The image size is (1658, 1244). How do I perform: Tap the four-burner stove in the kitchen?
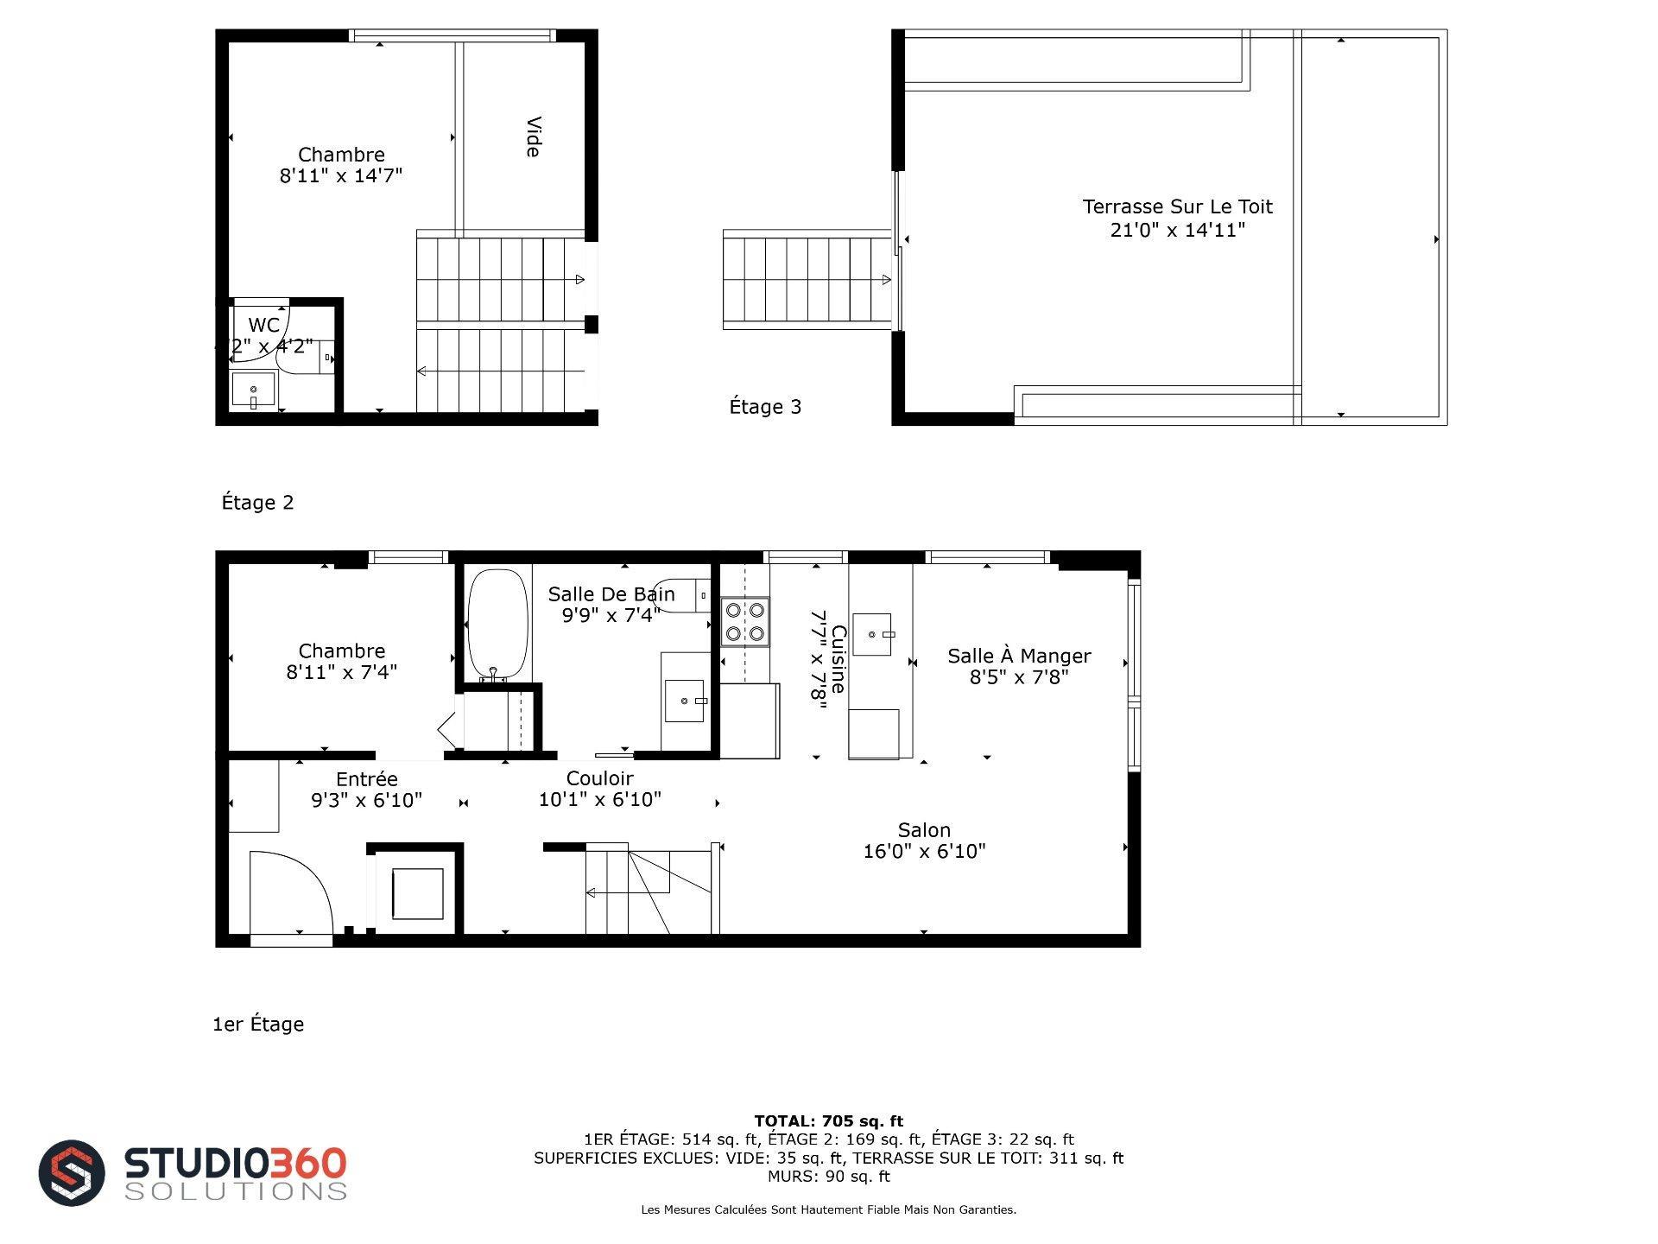click(745, 622)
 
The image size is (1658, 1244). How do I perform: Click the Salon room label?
click(924, 830)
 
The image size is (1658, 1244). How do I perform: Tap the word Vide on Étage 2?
click(533, 136)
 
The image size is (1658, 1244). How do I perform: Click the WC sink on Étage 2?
click(253, 390)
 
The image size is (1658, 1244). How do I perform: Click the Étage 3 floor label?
click(765, 407)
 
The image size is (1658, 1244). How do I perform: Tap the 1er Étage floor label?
click(258, 1025)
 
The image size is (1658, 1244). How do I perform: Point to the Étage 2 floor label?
click(257, 503)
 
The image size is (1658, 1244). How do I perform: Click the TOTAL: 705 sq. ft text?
click(829, 1121)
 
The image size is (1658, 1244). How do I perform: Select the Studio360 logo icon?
click(72, 1172)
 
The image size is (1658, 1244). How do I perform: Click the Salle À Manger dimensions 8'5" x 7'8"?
click(1019, 677)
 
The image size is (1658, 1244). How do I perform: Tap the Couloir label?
click(600, 778)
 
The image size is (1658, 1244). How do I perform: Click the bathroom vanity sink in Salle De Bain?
click(686, 701)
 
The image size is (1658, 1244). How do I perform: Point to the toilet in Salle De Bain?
click(682, 594)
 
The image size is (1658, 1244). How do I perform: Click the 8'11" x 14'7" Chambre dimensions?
click(341, 176)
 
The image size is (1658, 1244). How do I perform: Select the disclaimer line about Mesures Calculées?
click(829, 1209)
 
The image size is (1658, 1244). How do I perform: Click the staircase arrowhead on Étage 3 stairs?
click(886, 280)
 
